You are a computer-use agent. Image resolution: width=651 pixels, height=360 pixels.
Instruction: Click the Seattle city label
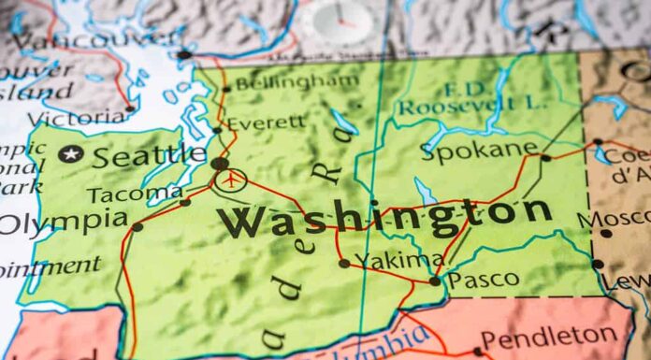149,155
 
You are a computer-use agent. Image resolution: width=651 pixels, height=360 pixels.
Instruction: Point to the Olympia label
63,222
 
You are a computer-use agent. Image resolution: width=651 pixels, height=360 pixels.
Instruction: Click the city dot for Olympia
137,226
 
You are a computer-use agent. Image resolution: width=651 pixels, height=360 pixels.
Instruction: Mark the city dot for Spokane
546,158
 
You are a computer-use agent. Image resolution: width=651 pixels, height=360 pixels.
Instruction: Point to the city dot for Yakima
344,264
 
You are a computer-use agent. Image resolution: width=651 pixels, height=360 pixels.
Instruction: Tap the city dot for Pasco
435,280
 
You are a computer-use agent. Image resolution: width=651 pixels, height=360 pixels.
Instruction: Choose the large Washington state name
384,217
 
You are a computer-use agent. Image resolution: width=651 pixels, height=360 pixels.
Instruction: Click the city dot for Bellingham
225,90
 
